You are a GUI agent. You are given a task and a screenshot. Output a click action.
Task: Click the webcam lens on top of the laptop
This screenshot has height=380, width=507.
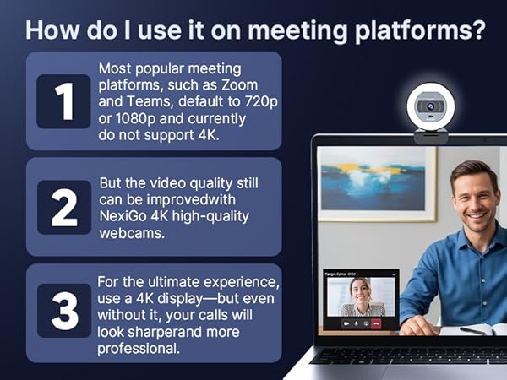tap(430, 107)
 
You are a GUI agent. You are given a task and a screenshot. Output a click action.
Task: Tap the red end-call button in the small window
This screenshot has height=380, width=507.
tap(376, 323)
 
